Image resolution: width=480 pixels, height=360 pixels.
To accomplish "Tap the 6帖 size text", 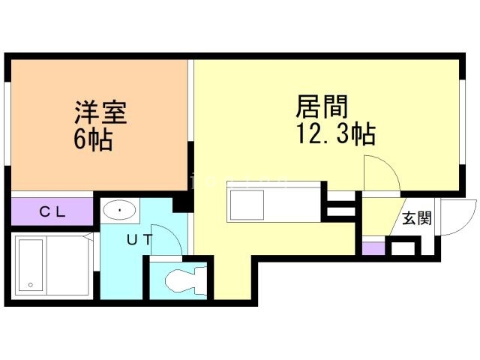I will [93, 139].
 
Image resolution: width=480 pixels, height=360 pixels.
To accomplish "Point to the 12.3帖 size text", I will [335, 135].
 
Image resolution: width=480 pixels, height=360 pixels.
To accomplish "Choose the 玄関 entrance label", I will [416, 219].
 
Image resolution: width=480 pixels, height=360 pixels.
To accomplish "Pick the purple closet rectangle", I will [52, 211].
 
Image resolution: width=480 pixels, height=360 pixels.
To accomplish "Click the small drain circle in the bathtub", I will [30, 284].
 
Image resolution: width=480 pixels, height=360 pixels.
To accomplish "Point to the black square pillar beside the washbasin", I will [180, 202].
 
